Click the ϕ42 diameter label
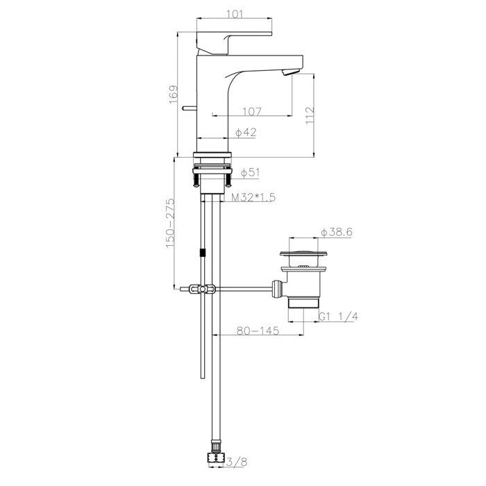click(x=246, y=132)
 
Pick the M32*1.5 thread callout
click(x=253, y=198)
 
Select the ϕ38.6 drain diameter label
click(x=337, y=233)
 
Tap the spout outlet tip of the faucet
click(x=292, y=71)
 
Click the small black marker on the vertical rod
click(x=202, y=253)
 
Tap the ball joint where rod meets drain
click(x=278, y=285)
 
